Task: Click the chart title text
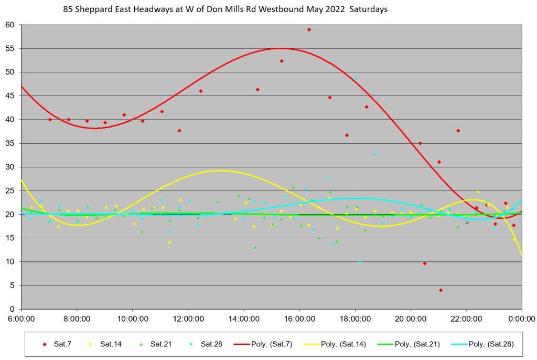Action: tap(225, 9)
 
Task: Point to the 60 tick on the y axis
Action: tap(10, 25)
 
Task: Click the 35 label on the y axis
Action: tap(10, 143)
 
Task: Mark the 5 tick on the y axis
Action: tap(13, 285)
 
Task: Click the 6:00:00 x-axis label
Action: tap(21, 318)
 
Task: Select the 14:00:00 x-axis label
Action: tap(244, 318)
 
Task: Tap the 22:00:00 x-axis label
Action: tap(466, 318)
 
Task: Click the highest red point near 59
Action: tap(309, 29)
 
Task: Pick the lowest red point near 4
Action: tap(441, 290)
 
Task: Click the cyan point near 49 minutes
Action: tap(355, 78)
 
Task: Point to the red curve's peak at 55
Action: tap(281, 48)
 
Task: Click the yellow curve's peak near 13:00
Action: tap(220, 171)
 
